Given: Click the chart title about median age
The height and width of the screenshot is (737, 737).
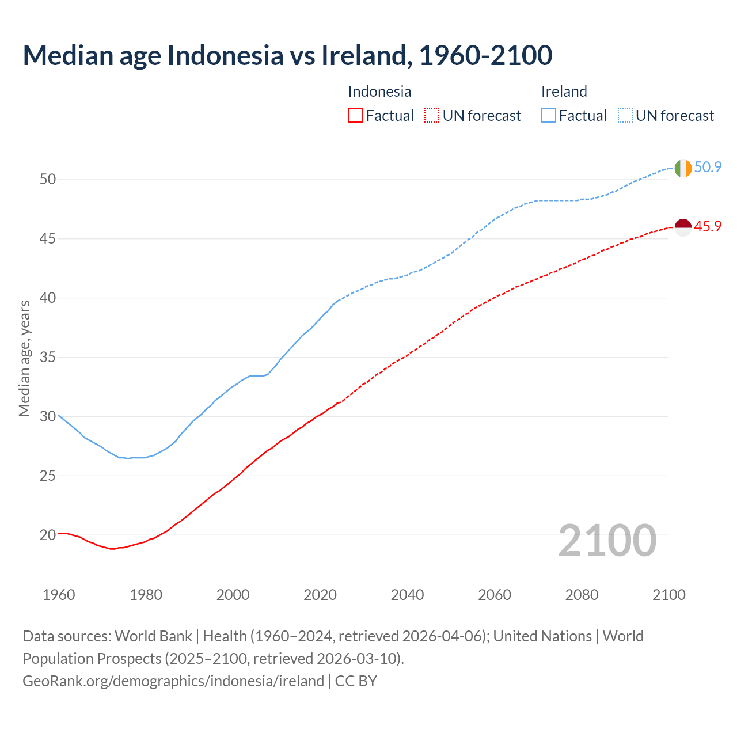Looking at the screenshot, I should coord(287,55).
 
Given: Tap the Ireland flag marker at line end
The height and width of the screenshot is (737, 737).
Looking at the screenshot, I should coord(682,168).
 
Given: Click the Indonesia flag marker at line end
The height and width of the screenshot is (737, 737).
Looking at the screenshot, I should coord(682,227).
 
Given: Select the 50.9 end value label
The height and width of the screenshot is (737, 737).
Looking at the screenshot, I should coord(708,168).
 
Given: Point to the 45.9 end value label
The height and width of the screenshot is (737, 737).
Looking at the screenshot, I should coord(708,227).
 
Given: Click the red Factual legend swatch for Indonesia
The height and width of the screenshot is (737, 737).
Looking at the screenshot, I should coord(355,116).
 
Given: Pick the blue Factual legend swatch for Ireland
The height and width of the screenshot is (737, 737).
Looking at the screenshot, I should coord(548,116).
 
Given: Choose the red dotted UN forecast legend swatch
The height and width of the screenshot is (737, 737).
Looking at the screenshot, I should coord(432,116).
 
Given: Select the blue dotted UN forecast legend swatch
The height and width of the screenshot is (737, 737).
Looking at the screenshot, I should coord(625,116).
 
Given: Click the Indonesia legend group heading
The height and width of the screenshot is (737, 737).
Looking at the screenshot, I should coord(379,92).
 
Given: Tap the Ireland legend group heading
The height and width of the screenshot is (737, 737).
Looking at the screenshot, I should coord(564,92).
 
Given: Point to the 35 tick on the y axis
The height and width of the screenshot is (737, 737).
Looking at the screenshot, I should coord(48,358).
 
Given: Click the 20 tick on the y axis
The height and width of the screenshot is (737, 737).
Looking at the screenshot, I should coord(48,535).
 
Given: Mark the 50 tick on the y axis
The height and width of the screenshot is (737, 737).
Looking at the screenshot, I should coord(48,180).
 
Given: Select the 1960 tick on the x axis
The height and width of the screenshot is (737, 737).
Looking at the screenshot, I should coord(59,595).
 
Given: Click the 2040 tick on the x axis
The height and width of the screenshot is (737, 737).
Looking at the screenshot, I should coord(407,595).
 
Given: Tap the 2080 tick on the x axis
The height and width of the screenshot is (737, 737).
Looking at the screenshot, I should coord(582,595).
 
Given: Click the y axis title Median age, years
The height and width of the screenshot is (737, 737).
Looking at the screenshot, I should coord(24,358).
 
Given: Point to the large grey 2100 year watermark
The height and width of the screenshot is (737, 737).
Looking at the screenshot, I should coord(607,541).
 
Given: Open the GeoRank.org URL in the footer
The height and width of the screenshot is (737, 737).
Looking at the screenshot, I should coord(173,681).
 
